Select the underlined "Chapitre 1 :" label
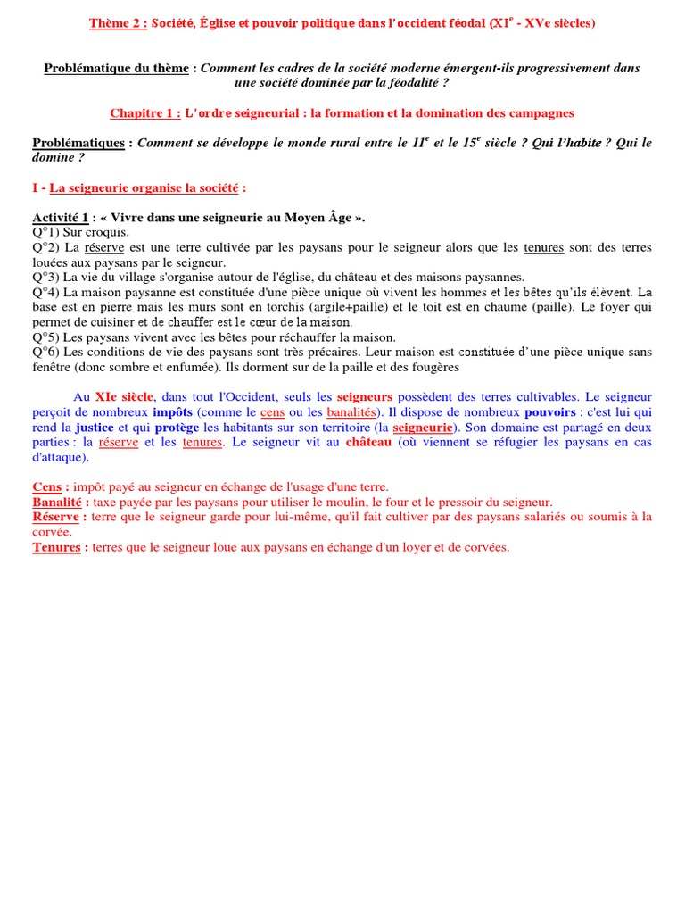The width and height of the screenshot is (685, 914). click(145, 113)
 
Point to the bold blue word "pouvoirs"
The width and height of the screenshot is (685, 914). click(550, 412)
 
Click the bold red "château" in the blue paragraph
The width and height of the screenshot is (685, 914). click(368, 442)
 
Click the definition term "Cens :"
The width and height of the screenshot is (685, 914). click(50, 487)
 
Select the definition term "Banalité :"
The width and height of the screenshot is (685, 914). click(62, 503)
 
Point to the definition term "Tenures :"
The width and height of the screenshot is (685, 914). click(60, 547)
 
